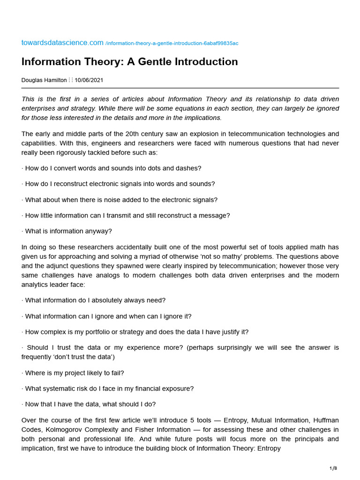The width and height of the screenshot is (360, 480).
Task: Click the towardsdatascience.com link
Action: click(x=62, y=43)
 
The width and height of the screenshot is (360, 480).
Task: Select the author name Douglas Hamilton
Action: click(x=44, y=80)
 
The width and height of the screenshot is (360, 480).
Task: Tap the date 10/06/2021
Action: click(x=89, y=80)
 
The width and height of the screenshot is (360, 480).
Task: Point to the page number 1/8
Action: click(x=333, y=468)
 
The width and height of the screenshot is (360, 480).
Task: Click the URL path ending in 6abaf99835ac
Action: click(x=172, y=43)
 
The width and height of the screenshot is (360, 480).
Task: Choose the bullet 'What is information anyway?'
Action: click(x=68, y=231)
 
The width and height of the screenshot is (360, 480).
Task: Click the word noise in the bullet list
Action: click(x=112, y=200)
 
